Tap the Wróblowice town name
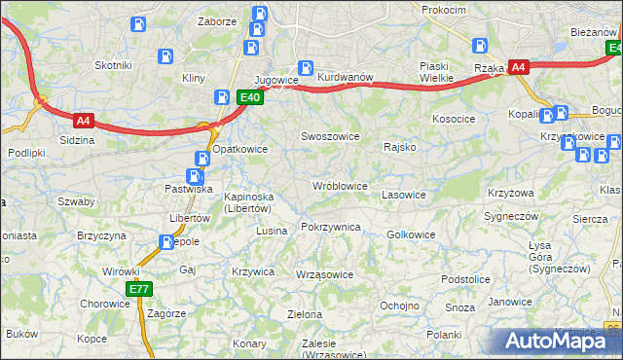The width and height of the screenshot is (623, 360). pyautogui.click(x=339, y=185)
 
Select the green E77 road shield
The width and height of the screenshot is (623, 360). pyautogui.click(x=138, y=289)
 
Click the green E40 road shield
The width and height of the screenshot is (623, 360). pyautogui.click(x=250, y=97)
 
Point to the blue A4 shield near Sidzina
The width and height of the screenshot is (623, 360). pyautogui.click(x=84, y=121)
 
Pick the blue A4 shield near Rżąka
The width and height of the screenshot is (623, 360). pyautogui.click(x=519, y=67)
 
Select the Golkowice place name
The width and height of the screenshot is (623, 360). pyautogui.click(x=411, y=234)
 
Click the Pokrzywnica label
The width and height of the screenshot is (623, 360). pyautogui.click(x=331, y=227)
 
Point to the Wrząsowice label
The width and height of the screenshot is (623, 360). pyautogui.click(x=324, y=274)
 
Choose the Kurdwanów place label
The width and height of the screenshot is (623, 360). pyautogui.click(x=346, y=77)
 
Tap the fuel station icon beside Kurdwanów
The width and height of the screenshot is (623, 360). pyautogui.click(x=305, y=68)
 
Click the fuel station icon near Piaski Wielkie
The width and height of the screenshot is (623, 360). pyautogui.click(x=480, y=45)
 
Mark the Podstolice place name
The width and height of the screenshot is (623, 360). pyautogui.click(x=464, y=279)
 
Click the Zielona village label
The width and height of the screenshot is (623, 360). pyautogui.click(x=304, y=314)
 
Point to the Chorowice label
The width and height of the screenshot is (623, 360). pyautogui.click(x=105, y=303)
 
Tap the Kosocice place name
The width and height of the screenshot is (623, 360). pyautogui.click(x=454, y=119)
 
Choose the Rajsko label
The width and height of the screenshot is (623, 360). pyautogui.click(x=400, y=148)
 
